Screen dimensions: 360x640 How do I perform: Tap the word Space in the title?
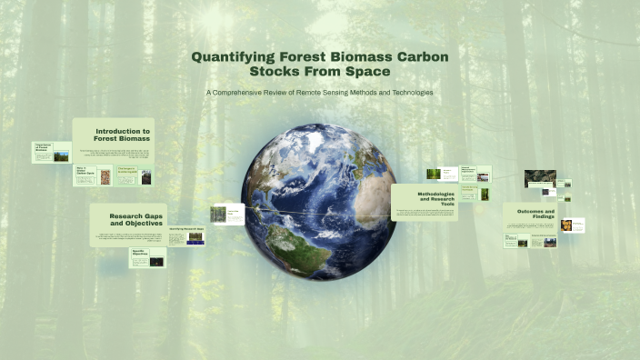365,70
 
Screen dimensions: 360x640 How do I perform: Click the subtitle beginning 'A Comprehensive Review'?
319,93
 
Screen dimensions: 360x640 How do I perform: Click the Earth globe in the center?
319,192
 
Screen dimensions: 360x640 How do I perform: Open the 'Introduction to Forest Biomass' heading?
122,135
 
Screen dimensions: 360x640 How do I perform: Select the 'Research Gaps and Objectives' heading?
135,218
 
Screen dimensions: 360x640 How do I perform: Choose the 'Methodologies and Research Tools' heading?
435,198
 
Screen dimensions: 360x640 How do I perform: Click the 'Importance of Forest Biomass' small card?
52,152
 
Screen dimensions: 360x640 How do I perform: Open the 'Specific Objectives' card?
147,256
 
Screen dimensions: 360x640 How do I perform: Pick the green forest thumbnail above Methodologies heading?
435,174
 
